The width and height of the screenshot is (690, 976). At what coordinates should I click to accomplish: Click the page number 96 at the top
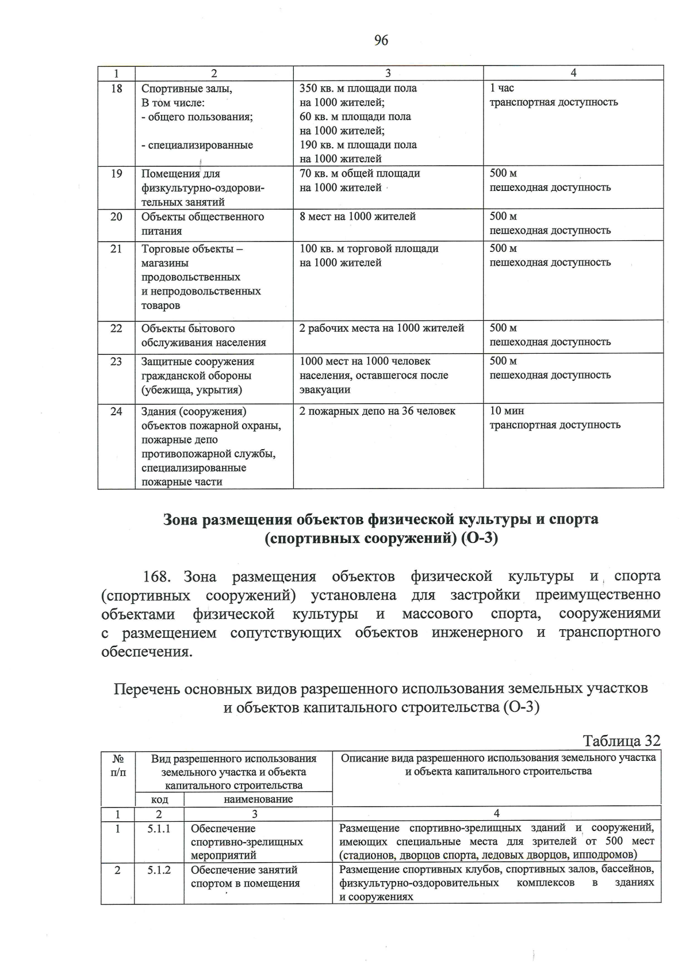click(381, 40)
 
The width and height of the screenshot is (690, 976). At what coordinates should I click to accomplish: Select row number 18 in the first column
click(116, 89)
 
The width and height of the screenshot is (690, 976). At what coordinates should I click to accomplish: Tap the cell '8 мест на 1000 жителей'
click(357, 217)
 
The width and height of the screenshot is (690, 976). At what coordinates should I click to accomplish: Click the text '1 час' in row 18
click(501, 88)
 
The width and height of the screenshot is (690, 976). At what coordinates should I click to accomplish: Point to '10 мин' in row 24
click(506, 411)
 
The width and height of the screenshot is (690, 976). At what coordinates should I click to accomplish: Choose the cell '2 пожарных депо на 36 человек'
click(377, 411)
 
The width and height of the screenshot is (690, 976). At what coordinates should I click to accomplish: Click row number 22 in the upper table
click(116, 328)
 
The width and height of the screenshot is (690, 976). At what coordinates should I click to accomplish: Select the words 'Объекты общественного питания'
click(202, 224)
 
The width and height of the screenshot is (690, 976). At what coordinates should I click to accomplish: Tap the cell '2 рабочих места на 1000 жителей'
click(382, 328)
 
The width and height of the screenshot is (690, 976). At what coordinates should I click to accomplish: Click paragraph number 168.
click(158, 576)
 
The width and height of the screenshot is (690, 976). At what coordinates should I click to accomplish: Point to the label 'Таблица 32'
click(622, 740)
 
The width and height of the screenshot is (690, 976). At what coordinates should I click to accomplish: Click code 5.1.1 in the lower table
click(159, 829)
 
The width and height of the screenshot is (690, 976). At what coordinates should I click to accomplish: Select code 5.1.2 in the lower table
click(159, 870)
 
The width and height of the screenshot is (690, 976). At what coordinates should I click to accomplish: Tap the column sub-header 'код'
click(159, 799)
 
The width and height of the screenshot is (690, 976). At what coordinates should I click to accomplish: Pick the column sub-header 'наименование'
click(258, 799)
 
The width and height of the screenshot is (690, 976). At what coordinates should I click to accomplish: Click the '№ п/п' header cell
click(117, 765)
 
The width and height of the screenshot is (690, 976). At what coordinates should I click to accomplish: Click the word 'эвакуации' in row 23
click(325, 390)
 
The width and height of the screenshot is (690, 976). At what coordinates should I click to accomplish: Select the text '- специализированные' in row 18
click(197, 145)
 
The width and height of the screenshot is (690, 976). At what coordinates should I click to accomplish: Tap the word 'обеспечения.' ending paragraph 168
click(147, 652)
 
